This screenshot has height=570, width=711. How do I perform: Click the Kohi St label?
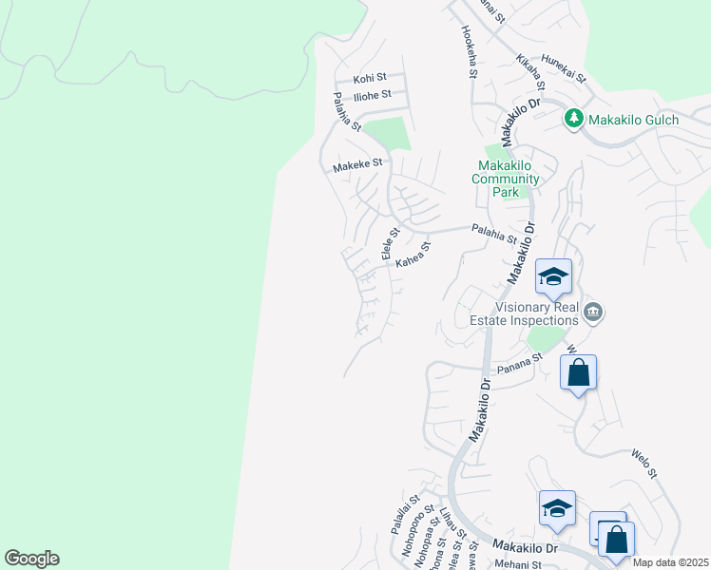pos(370,78)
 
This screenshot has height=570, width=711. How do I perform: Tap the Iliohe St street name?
pos(371,96)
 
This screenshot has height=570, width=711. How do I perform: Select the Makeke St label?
pos(356,164)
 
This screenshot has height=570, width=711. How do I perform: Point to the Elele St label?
pos(388,243)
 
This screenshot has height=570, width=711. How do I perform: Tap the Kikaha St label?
pos(528,66)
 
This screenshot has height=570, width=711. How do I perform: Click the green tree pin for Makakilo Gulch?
pos(573,119)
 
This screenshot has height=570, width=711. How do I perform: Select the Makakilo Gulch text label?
pos(633,120)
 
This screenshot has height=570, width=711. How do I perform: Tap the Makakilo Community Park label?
pos(508,179)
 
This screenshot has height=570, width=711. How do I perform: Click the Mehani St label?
pos(517,564)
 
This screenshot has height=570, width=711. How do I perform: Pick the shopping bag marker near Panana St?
pos(578,373)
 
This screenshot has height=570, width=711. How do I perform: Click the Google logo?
pos(31,559)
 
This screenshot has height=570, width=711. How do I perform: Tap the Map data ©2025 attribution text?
pos(671,562)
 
